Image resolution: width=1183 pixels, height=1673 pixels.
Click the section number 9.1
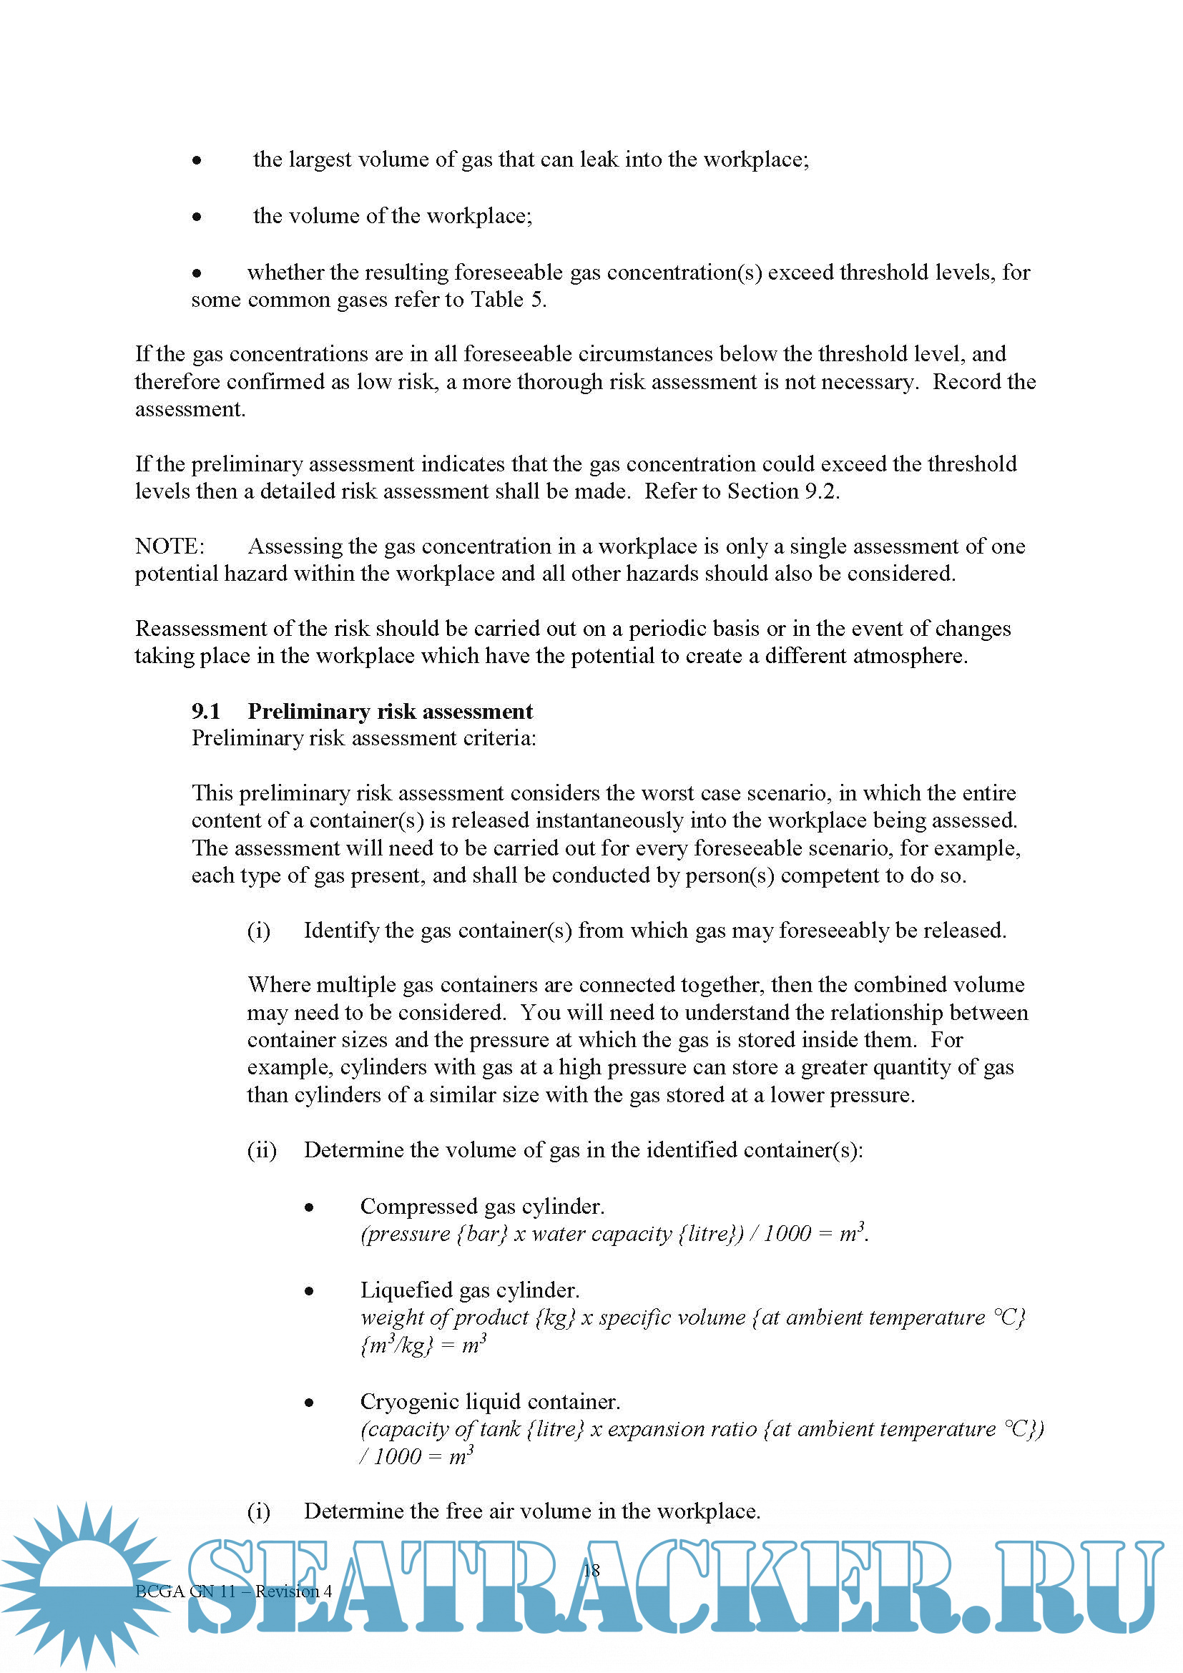point(205,711)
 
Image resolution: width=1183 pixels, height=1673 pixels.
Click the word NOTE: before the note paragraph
point(170,546)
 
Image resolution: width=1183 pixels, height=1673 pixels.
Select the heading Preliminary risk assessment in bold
point(390,711)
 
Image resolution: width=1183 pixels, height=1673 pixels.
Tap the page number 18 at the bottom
point(591,1570)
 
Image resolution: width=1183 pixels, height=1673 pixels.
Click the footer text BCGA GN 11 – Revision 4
point(233,1591)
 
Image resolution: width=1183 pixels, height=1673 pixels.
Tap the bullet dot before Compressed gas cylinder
point(310,1207)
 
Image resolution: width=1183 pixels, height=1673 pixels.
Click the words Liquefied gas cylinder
point(470,1290)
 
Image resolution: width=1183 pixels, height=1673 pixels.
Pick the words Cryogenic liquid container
point(490,1402)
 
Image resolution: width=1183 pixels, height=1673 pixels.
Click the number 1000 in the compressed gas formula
point(787,1234)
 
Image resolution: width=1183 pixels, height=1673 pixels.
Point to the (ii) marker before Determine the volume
point(262,1151)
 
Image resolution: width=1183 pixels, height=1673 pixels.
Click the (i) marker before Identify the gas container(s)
point(259,931)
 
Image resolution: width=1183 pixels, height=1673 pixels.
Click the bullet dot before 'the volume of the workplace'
point(197,217)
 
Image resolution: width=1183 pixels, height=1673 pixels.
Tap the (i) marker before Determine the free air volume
point(259,1511)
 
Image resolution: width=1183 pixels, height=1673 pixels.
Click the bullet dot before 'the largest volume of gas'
point(197,160)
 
